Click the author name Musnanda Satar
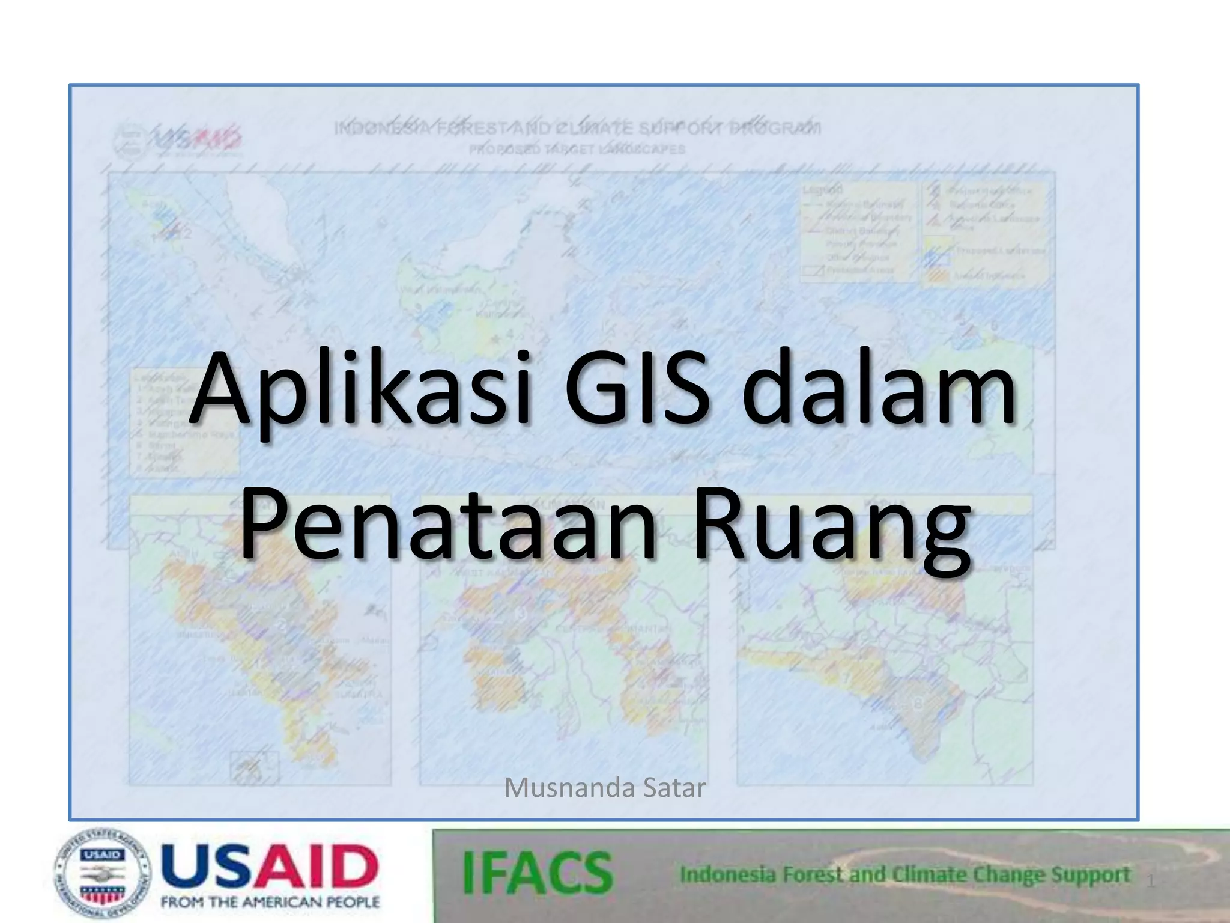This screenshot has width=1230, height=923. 605,788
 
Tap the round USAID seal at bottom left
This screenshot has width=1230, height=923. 103,874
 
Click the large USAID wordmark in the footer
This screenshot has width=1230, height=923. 270,867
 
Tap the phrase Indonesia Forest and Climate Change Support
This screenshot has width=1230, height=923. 905,875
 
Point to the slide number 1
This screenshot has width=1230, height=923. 1151,882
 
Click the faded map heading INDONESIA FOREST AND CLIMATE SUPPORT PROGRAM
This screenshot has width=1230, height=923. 577,129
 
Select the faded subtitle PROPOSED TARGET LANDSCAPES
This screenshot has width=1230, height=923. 577,149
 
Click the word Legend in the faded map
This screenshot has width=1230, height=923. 822,190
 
